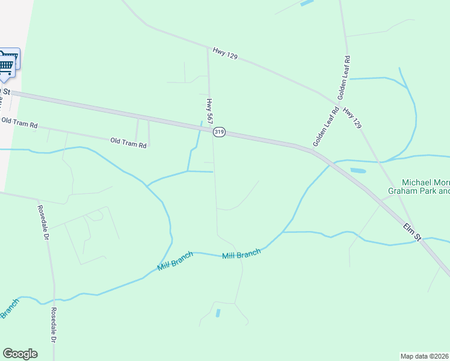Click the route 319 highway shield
tap(219, 132)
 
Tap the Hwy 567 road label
tap(210, 112)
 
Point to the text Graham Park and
tap(419, 192)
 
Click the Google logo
tap(20, 354)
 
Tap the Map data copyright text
tap(425, 356)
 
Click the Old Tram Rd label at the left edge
tap(19, 123)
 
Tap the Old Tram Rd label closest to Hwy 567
tap(129, 143)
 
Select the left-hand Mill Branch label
tap(175, 261)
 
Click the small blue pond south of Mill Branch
tap(218, 313)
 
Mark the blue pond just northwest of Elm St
tap(358, 170)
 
